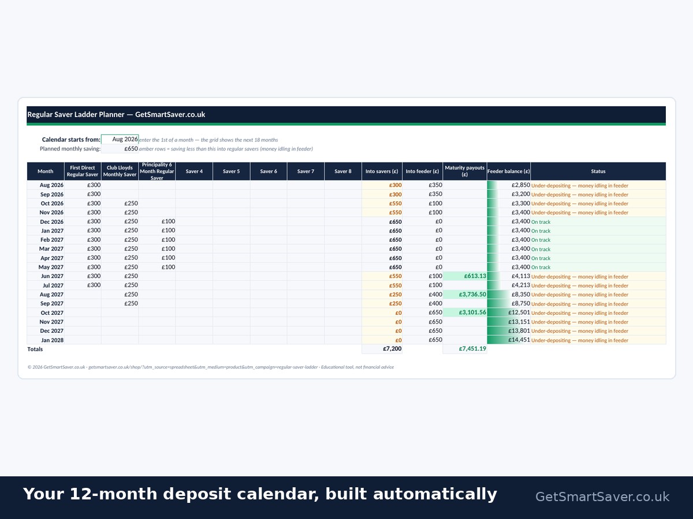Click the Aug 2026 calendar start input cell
coord(120,140)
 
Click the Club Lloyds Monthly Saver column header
coord(120,171)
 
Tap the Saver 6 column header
coord(269,171)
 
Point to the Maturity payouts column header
coord(465,171)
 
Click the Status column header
coord(598,171)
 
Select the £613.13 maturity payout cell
coord(465,276)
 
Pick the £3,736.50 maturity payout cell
coord(465,294)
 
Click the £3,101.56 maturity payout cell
coord(465,313)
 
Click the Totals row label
coord(35,349)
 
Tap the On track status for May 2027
coord(541,267)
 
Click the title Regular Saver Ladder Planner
coord(76,114)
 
